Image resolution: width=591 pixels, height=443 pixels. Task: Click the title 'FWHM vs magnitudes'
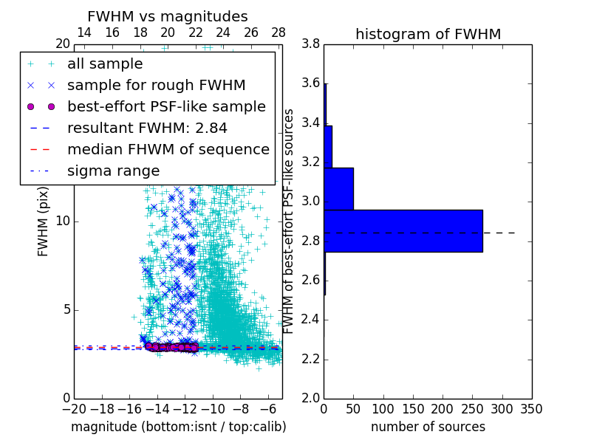[167, 16]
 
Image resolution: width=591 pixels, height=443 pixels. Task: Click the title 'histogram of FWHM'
[428, 34]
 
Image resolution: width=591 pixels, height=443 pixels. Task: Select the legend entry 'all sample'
[105, 64]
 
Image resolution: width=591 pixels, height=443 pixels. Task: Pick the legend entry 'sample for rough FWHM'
[156, 86]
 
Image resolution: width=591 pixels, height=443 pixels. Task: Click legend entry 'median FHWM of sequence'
[168, 150]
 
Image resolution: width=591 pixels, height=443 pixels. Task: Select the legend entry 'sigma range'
[113, 171]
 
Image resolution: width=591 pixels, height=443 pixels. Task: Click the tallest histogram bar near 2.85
[403, 231]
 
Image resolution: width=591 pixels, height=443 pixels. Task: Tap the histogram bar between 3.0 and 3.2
[338, 188]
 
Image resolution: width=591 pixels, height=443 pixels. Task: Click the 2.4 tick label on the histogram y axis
[311, 320]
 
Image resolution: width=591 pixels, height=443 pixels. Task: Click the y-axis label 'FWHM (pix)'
[44, 221]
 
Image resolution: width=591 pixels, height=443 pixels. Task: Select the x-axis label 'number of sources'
[428, 427]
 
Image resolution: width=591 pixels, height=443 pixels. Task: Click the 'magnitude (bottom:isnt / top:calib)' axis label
[178, 427]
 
